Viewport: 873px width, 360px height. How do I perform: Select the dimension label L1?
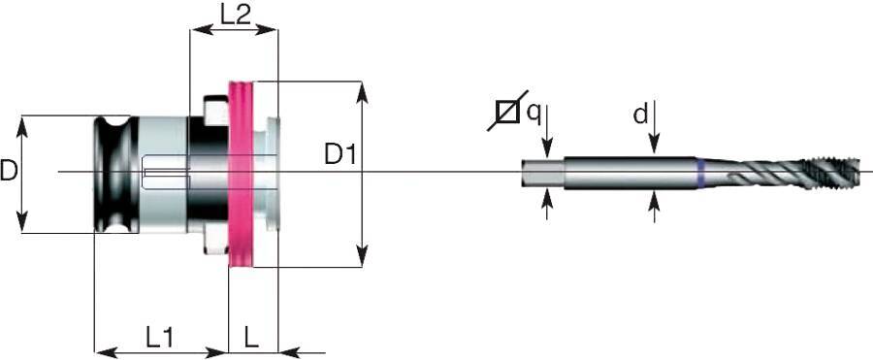159,338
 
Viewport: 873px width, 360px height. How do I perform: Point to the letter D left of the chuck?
9,172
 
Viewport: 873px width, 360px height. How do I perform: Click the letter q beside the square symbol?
533,112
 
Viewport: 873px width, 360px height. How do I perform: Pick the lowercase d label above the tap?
640,115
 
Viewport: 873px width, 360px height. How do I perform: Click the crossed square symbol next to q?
507,113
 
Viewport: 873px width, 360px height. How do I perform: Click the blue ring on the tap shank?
699,173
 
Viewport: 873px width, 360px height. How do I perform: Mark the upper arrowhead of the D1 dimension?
362,91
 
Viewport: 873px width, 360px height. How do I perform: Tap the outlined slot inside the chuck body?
164,175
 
